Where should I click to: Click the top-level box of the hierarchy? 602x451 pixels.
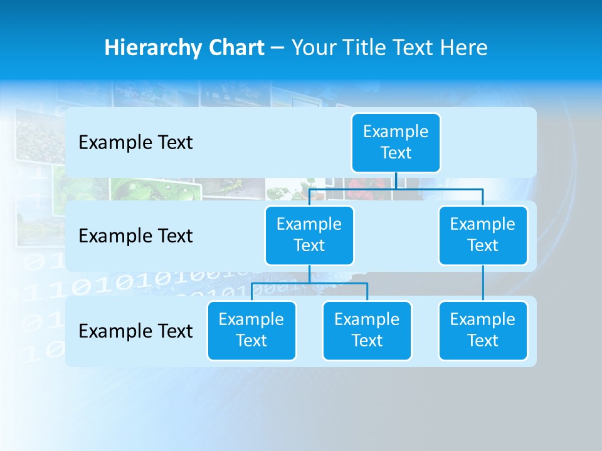tap(396, 143)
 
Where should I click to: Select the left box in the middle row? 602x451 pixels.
tap(309, 236)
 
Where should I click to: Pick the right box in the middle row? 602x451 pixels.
tap(483, 236)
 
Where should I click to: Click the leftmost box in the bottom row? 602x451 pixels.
tap(251, 331)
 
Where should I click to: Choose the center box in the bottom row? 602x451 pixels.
tap(367, 331)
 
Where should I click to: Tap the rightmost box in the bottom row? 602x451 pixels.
tap(483, 331)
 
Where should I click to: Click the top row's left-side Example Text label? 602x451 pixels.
tap(135, 143)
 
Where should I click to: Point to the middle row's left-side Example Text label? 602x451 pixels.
tap(135, 236)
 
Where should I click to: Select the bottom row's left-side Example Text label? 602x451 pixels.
tap(135, 331)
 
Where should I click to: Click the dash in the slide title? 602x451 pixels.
tap(278, 48)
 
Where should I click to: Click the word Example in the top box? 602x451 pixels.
tap(396, 132)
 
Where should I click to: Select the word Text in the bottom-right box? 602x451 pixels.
tap(483, 341)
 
